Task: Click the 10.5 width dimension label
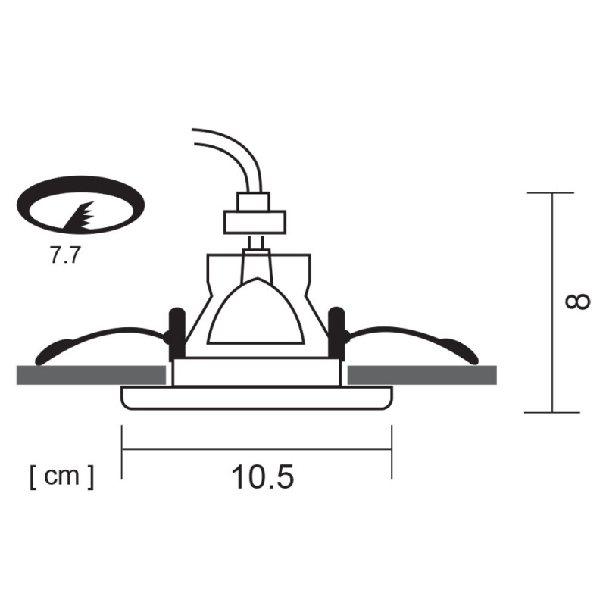pyautogui.click(x=262, y=477)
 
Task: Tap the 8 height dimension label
pyautogui.click(x=578, y=301)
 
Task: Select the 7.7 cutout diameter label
pyautogui.click(x=65, y=255)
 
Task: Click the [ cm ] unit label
pyautogui.click(x=62, y=477)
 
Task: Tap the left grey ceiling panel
pyautogui.click(x=91, y=375)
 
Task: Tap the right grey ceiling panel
pyautogui.click(x=422, y=375)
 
